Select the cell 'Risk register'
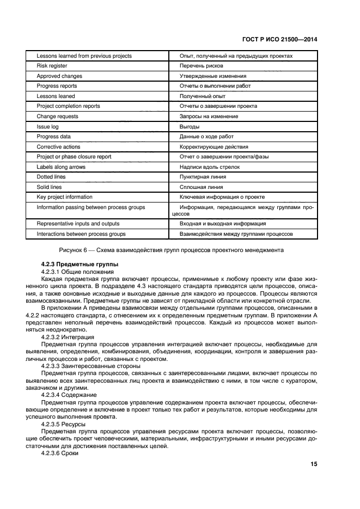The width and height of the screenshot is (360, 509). (52, 66)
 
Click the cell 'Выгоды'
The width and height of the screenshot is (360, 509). (189, 126)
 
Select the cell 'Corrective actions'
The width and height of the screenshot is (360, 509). (58, 146)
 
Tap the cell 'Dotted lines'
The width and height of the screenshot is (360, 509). (52, 177)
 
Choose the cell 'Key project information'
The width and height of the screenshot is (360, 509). (64, 197)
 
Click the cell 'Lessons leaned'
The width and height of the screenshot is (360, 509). (56, 96)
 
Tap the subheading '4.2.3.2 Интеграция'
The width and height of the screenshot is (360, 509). (68, 337)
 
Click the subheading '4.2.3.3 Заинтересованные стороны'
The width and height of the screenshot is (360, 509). (87, 365)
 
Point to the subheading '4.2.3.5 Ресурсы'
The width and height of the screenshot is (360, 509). (63, 422)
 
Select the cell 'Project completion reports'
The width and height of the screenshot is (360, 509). (68, 106)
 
